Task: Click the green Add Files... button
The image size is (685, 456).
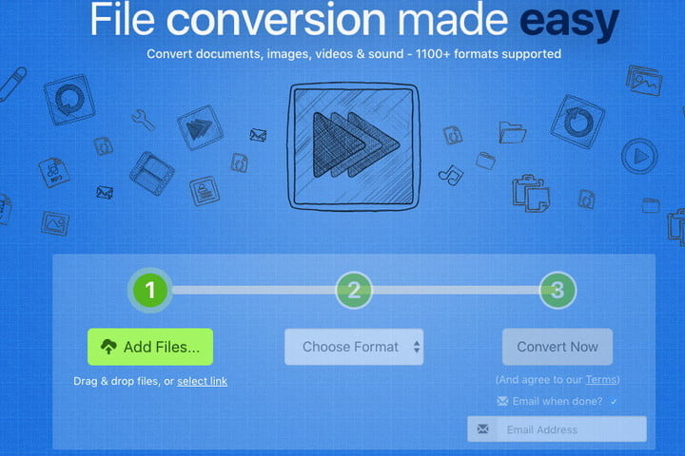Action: [150, 347]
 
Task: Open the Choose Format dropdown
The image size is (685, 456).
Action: [354, 347]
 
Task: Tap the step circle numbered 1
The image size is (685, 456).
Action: [150, 290]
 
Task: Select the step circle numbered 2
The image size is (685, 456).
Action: [354, 290]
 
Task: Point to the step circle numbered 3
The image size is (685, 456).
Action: [558, 290]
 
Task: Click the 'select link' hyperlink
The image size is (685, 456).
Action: [203, 381]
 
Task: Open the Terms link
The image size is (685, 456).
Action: [601, 380]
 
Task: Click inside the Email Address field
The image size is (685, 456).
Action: [557, 429]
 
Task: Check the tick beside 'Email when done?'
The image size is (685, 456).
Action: [614, 402]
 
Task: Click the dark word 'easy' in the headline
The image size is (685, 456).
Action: [569, 20]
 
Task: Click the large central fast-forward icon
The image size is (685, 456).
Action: [354, 146]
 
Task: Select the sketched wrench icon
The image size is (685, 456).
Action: [143, 120]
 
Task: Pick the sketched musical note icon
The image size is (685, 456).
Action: [450, 176]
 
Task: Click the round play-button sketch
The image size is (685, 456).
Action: [639, 156]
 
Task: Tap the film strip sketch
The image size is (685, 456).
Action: [152, 173]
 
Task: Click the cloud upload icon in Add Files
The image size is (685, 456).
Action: [108, 347]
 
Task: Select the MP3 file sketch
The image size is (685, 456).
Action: [54, 172]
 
